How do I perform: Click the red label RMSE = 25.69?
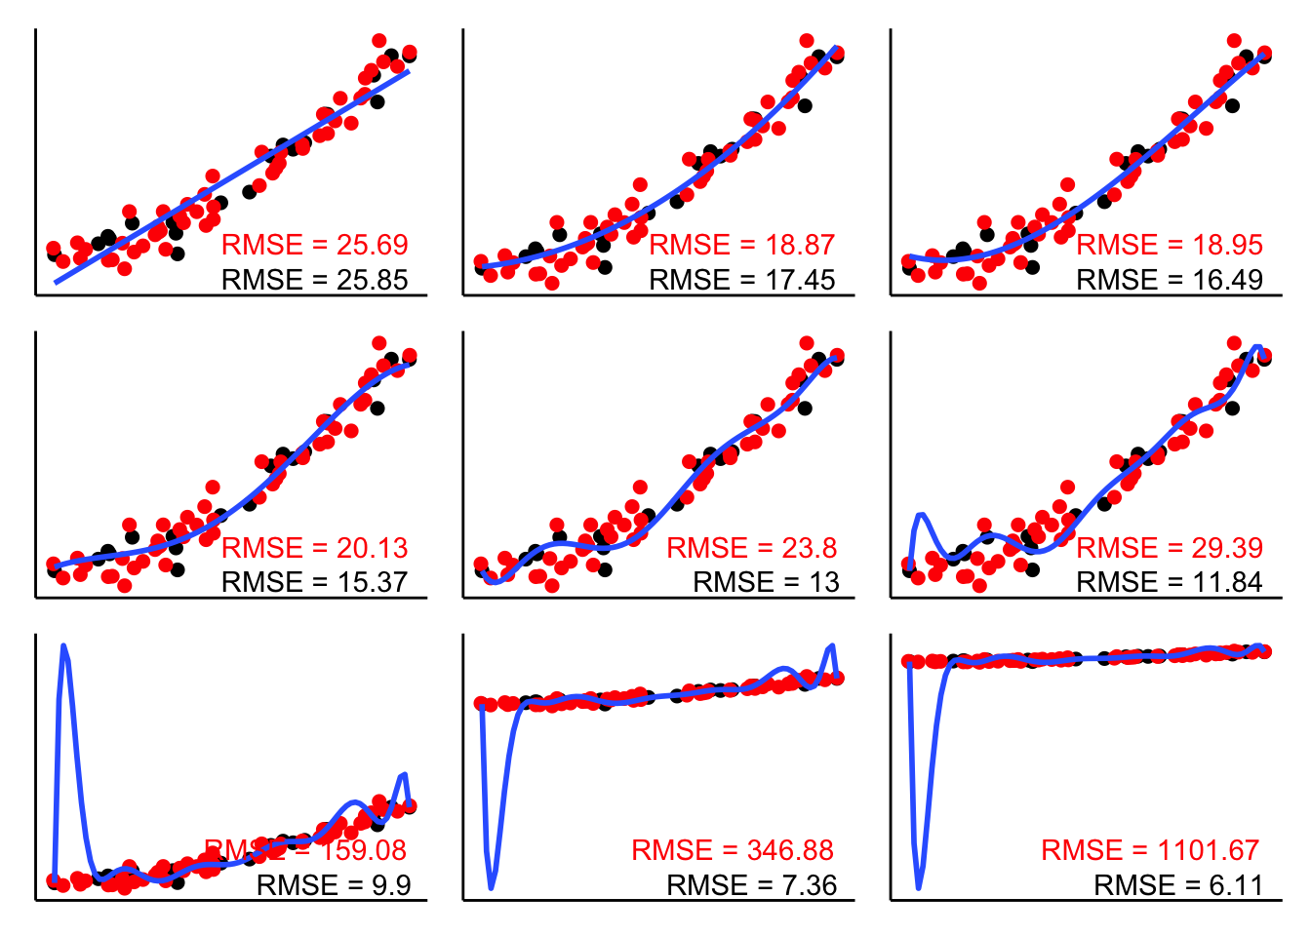pos(314,245)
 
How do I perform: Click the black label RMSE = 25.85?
pos(314,280)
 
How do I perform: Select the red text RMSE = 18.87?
pos(741,245)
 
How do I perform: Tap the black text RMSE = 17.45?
pos(741,280)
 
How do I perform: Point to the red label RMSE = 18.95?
pos(1169,245)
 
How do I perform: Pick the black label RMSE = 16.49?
pos(1169,280)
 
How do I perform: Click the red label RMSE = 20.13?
pos(314,548)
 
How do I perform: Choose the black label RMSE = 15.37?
pos(314,582)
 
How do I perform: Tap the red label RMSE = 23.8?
pos(751,548)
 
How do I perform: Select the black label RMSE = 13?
pos(766,582)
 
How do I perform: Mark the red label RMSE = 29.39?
pos(1169,548)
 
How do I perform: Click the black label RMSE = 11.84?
pos(1169,582)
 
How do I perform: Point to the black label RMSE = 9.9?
pos(334,885)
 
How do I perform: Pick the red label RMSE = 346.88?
pos(733,850)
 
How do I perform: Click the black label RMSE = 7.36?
pos(751,885)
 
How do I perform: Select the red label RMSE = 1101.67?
pos(1150,850)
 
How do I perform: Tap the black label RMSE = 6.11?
pos(1178,885)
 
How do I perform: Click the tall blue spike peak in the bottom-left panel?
pos(64,645)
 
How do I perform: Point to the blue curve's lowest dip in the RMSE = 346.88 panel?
pos(491,887)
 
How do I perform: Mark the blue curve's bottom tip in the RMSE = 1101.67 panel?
pos(919,887)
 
